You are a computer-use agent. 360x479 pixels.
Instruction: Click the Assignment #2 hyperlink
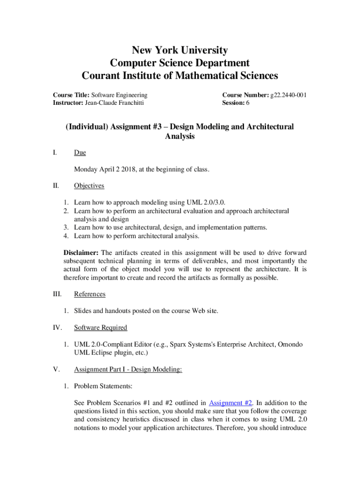231,403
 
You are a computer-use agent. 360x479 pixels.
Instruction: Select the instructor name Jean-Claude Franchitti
114,103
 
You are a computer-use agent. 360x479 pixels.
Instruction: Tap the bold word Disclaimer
81,252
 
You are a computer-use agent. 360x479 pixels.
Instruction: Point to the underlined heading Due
80,153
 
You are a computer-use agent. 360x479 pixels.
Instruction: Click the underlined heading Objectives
89,186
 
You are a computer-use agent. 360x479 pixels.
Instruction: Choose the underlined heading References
90,294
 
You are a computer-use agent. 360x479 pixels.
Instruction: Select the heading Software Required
101,327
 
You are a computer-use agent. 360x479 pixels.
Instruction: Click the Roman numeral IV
58,327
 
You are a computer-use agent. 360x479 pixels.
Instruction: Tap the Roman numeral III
58,294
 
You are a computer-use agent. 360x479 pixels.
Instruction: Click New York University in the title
180,50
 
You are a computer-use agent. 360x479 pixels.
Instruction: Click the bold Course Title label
71,95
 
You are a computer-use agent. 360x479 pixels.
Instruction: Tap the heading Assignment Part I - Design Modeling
128,370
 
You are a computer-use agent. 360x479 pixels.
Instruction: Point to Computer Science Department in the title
180,63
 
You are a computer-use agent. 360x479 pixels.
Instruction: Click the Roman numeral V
56,370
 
